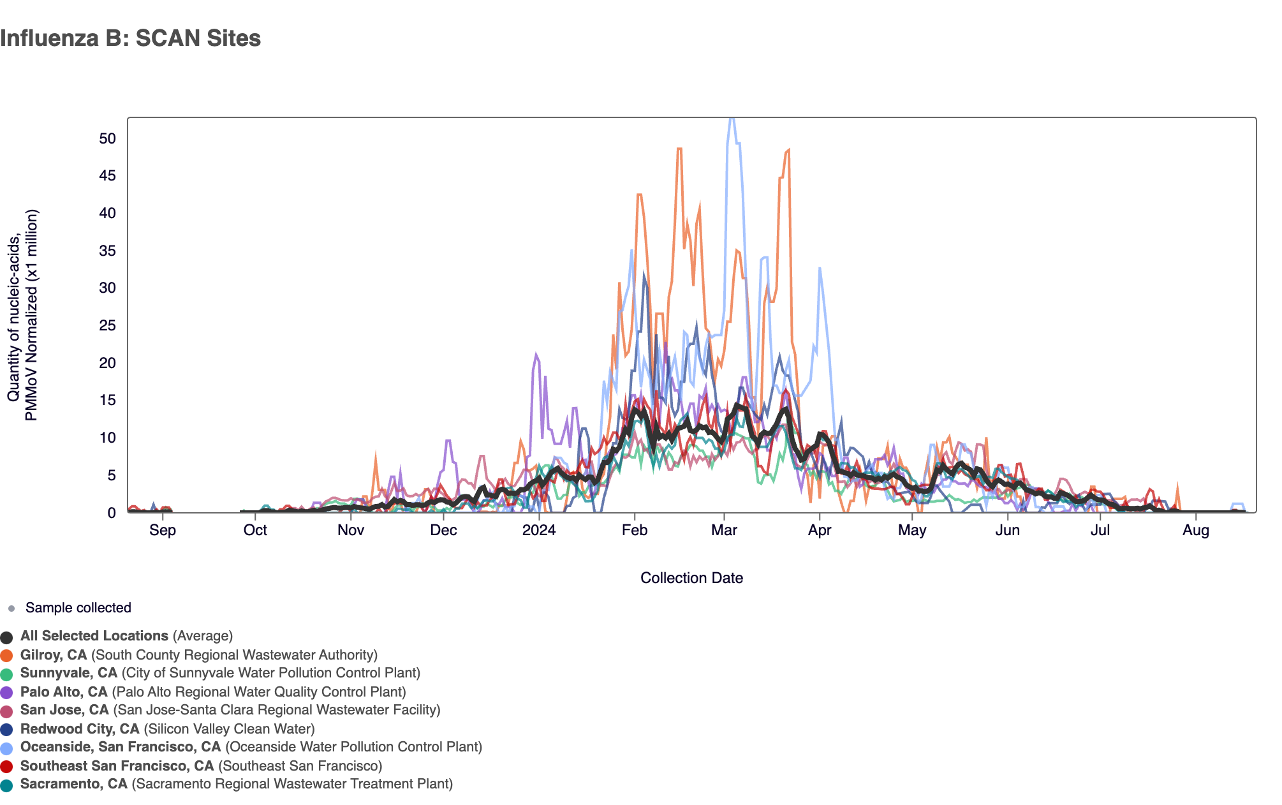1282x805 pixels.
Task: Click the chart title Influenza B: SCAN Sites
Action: click(130, 38)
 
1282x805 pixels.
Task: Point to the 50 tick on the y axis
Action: click(107, 138)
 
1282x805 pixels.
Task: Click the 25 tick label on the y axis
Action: click(107, 326)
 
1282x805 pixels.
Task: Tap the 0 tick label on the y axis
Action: click(112, 513)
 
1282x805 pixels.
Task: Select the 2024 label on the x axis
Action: click(539, 530)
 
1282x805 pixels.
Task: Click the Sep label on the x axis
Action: click(163, 530)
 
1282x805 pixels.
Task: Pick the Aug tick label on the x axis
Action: click(1196, 530)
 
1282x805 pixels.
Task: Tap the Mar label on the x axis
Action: click(724, 530)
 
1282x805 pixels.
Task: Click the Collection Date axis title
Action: click(691, 578)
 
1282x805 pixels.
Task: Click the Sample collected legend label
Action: click(78, 608)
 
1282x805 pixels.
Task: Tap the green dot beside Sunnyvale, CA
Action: click(7, 674)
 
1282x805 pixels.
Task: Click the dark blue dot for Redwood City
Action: click(7, 730)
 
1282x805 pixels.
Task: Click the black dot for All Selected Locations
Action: click(7, 637)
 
